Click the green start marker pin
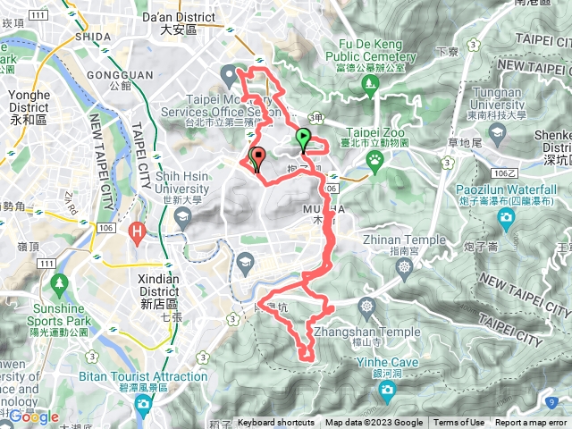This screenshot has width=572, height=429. (303, 139)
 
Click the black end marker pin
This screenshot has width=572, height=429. (257, 157)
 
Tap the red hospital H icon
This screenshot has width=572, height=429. (138, 234)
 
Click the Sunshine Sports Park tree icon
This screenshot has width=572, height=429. (60, 285)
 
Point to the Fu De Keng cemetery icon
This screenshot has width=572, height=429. (369, 85)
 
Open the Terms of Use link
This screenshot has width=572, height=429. (459, 423)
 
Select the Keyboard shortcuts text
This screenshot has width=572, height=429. (276, 423)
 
